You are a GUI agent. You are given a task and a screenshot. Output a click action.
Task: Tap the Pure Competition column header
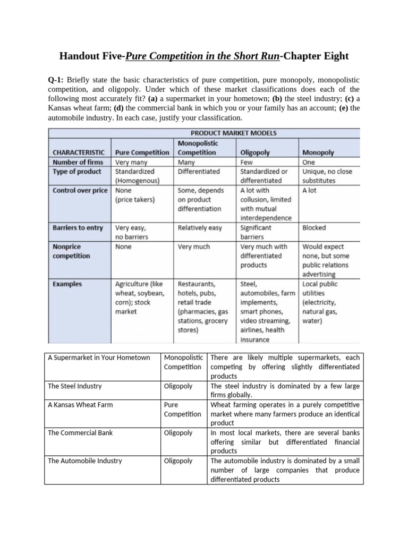(x=142, y=152)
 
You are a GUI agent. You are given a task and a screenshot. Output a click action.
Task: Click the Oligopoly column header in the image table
(x=255, y=152)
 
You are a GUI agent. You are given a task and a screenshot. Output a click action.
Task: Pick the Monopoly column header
(x=318, y=152)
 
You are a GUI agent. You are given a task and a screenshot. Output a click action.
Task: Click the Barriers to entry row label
(x=78, y=228)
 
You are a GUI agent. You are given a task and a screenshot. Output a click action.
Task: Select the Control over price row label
(x=80, y=190)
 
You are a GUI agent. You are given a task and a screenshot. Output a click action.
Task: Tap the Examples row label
(x=67, y=284)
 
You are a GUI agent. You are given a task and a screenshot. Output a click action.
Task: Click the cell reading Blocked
(x=314, y=228)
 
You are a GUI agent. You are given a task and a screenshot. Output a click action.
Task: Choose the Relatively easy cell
(x=200, y=228)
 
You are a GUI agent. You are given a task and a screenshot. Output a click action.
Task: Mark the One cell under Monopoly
(x=309, y=162)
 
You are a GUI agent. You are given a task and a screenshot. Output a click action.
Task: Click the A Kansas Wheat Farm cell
(x=80, y=405)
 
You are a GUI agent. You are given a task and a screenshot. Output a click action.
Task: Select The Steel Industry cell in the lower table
(x=75, y=386)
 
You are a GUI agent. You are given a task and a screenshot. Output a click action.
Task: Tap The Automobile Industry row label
(x=84, y=461)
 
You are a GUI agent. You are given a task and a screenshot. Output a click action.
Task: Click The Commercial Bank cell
(x=80, y=433)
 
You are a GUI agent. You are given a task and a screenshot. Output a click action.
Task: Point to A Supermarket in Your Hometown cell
(x=99, y=358)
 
